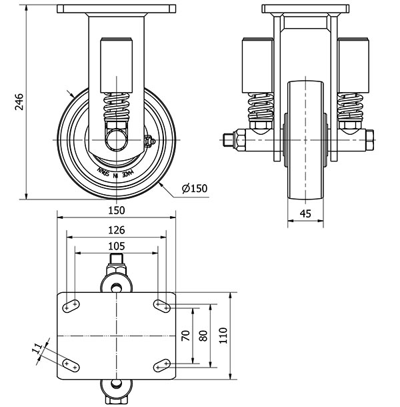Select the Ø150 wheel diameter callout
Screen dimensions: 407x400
(195, 188)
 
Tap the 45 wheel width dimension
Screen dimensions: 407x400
(306, 214)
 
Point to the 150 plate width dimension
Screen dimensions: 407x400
(116, 210)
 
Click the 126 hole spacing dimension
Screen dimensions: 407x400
(116, 230)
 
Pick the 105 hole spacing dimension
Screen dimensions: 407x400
(116, 246)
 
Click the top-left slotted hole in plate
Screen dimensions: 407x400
(71, 304)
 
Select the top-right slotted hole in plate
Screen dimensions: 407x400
(161, 304)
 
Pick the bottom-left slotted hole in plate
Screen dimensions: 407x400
(71, 364)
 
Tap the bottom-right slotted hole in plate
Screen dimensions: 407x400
(161, 364)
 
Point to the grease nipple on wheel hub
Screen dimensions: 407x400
(150, 141)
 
